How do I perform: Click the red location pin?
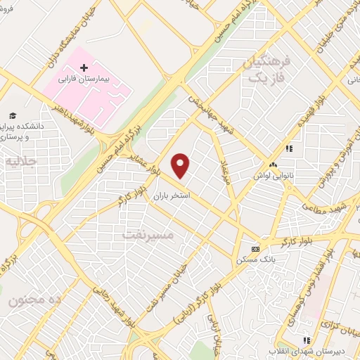coord(181,165)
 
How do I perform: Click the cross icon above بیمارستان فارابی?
coord(84,68)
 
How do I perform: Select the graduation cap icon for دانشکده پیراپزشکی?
coord(12,115)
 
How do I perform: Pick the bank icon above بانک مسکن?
coord(255,249)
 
